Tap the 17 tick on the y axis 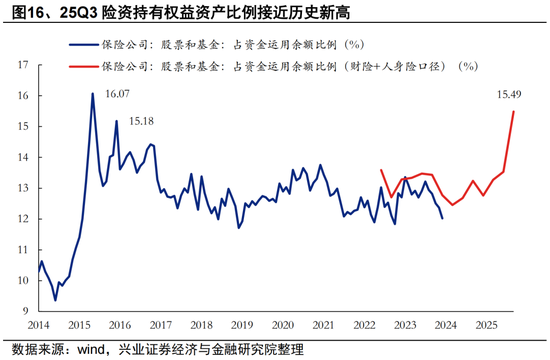[x=22, y=65]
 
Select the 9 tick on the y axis [x=25, y=311]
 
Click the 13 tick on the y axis [x=22, y=188]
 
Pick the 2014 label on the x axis [x=39, y=326]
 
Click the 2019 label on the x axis [x=242, y=326]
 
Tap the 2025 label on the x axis [x=485, y=326]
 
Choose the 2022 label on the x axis [x=364, y=326]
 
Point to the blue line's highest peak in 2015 [x=93, y=94]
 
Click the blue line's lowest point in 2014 [x=55, y=300]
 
